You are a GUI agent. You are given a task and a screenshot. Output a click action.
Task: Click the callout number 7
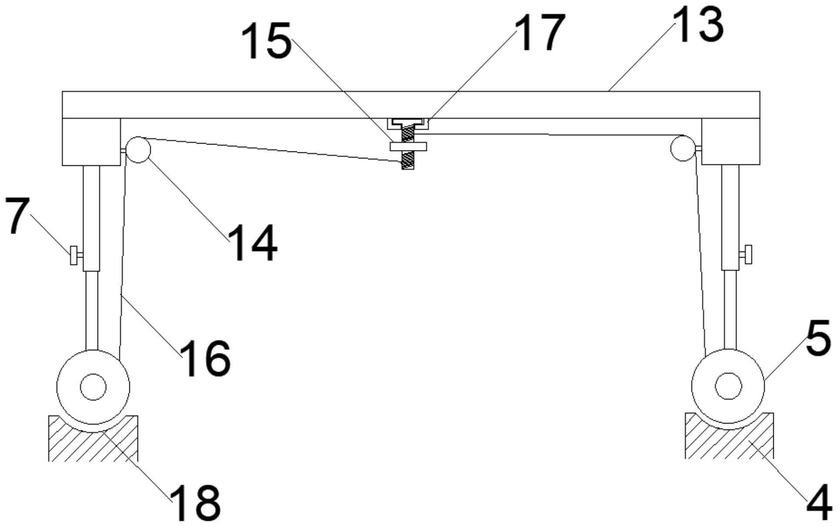coord(17,215)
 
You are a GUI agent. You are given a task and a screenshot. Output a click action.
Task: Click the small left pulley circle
coord(138,150)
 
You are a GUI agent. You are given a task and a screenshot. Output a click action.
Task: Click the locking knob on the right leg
coord(748,255)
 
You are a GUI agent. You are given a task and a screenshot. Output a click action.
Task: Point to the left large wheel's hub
coord(93,386)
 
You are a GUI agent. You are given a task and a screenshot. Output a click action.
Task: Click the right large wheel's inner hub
coord(728,386)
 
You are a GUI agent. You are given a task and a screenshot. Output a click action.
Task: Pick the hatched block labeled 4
coord(729,444)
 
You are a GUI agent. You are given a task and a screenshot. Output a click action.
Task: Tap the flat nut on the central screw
coord(408,146)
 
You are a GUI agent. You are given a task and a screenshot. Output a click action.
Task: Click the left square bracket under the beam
coord(91,142)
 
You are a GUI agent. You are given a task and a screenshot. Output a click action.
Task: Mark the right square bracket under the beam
coord(731,142)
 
